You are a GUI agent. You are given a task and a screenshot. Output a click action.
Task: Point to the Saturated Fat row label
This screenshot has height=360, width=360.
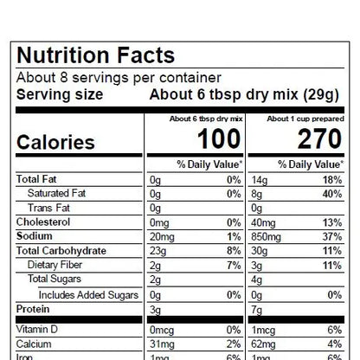point(58,193)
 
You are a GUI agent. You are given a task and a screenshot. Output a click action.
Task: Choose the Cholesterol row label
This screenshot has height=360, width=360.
point(43,222)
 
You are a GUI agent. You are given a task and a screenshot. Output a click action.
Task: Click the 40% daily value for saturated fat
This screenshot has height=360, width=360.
point(332,193)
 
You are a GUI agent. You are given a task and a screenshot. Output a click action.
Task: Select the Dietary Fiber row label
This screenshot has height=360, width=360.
point(56,264)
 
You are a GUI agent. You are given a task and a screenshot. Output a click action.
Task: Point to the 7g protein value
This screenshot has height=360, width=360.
point(257,308)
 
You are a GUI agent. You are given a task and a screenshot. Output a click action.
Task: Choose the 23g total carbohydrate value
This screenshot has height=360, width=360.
point(158,250)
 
